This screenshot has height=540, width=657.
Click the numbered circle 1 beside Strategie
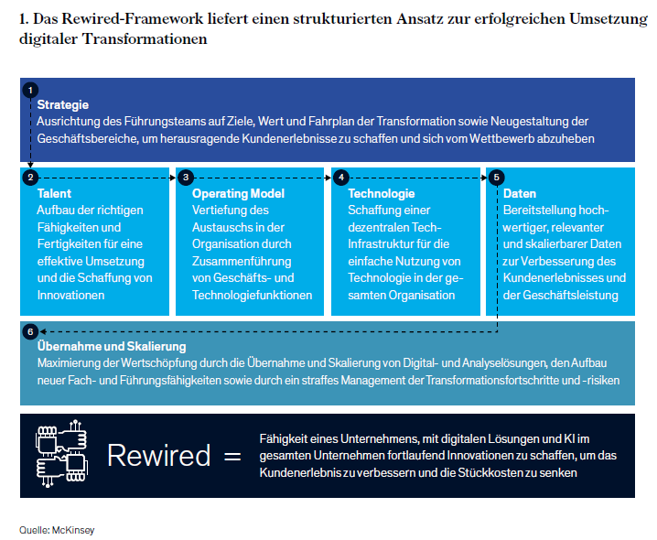(31, 90)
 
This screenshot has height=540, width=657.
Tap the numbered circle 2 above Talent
(31, 177)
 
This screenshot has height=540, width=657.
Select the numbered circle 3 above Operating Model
(186, 177)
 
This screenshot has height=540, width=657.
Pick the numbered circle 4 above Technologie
(341, 177)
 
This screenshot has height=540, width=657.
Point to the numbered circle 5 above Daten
(497, 177)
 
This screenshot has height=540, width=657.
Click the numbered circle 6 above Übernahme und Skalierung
(31, 330)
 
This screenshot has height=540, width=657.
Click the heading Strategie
(63, 105)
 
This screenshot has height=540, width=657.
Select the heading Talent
(55, 193)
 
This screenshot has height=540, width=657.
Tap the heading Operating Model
(238, 193)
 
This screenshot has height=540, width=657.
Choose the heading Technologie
(382, 193)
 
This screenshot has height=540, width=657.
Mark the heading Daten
(520, 193)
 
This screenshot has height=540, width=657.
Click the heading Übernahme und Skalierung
(112, 347)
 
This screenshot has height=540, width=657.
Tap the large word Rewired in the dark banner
(158, 456)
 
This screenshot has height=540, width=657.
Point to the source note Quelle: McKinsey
(57, 529)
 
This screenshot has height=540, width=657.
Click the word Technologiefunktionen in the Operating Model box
(253, 295)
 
